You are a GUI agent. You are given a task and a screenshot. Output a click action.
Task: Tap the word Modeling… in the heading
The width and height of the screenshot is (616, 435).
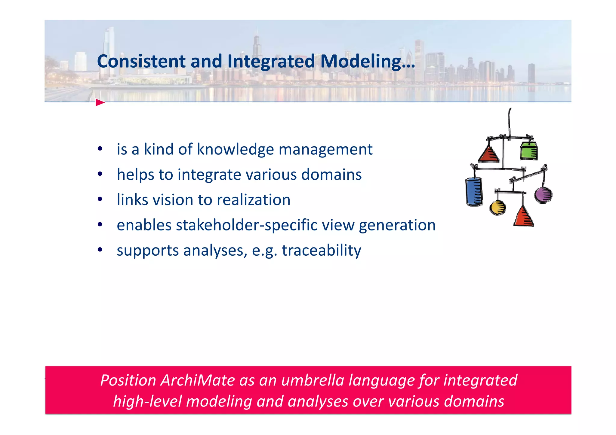[x=368, y=62]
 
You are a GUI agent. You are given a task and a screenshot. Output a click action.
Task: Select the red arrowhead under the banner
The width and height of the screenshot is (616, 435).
[x=100, y=103]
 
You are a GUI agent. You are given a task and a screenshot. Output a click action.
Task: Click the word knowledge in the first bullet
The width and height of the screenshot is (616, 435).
[x=235, y=149]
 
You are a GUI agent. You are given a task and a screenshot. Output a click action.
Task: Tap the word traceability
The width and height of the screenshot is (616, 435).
[x=321, y=250]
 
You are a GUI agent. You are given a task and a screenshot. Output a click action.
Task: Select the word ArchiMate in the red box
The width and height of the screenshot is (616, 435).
[x=197, y=380]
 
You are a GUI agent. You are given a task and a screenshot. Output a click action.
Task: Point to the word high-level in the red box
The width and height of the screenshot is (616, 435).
[x=147, y=402]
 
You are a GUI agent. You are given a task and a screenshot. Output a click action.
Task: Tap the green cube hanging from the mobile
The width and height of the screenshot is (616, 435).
[x=529, y=151]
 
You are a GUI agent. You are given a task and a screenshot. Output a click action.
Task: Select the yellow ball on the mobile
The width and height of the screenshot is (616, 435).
[x=497, y=208]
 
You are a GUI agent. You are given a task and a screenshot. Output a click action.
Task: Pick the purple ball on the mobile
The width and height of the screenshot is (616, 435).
[x=543, y=195]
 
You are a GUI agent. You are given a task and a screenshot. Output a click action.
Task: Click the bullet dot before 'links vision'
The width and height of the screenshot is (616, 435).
[x=100, y=199]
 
